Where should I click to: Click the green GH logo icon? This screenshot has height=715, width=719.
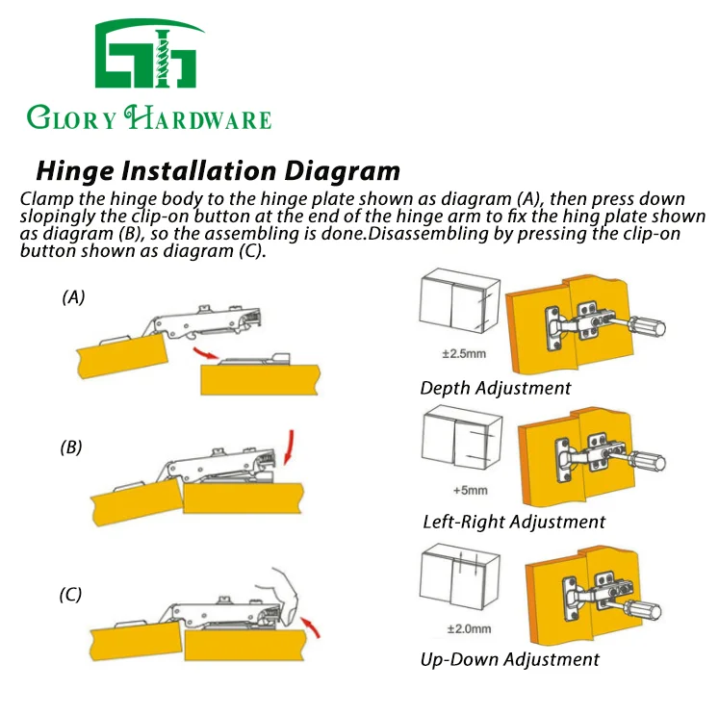click(x=148, y=56)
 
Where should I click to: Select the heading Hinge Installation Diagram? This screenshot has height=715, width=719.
click(x=218, y=171)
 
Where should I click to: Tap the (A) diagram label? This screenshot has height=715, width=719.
click(x=73, y=297)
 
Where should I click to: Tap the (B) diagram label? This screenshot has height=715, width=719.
click(x=73, y=447)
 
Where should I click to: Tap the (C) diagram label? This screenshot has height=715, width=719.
click(x=71, y=596)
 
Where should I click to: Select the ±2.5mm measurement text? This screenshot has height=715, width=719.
click(x=463, y=353)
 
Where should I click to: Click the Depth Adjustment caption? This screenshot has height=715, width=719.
click(x=496, y=389)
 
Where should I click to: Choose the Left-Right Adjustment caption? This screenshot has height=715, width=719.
click(x=514, y=523)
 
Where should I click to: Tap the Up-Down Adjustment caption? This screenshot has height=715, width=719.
click(x=509, y=660)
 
